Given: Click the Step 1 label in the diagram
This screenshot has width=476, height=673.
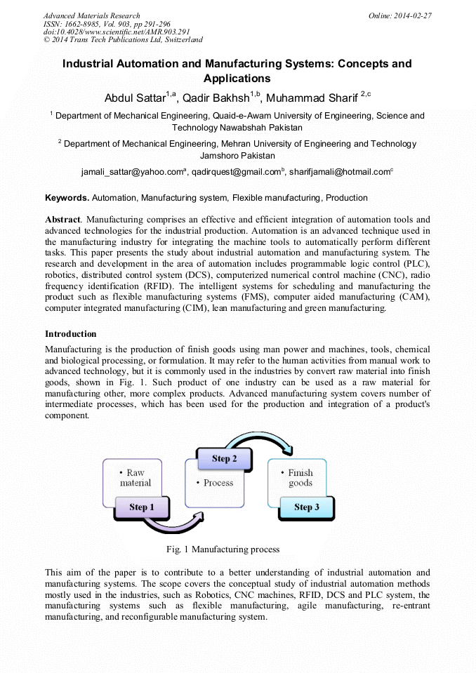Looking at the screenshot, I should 138,507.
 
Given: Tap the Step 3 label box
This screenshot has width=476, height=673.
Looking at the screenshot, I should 306,507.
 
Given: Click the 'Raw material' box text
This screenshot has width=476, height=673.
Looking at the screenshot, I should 135,477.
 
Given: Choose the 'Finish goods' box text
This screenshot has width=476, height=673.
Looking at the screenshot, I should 300,477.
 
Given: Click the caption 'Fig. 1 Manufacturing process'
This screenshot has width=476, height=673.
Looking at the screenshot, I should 222,549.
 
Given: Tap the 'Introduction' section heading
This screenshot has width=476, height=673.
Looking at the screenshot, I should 71,333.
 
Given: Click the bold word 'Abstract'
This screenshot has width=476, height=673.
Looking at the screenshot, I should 62,219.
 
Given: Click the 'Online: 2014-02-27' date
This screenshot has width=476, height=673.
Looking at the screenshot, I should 399,15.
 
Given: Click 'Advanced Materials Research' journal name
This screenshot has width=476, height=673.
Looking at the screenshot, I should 91,15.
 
